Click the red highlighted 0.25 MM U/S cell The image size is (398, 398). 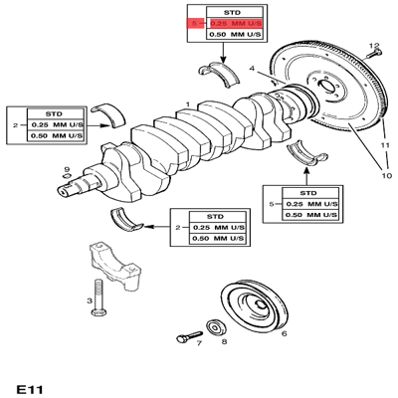[235, 23]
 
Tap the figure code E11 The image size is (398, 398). [30, 389]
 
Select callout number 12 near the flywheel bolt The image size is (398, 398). [374, 45]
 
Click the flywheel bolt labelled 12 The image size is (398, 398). [374, 55]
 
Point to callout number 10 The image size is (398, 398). [387, 175]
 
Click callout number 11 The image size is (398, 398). [385, 145]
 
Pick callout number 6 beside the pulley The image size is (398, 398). [284, 333]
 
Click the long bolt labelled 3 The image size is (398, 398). [99, 298]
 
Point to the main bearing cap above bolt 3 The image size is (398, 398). [113, 267]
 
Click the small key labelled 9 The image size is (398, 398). [67, 176]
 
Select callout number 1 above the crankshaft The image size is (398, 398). [188, 104]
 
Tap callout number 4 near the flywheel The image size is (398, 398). [252, 69]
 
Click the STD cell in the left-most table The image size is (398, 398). [55, 113]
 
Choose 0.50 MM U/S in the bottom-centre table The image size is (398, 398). [218, 239]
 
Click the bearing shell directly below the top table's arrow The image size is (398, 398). [220, 75]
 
